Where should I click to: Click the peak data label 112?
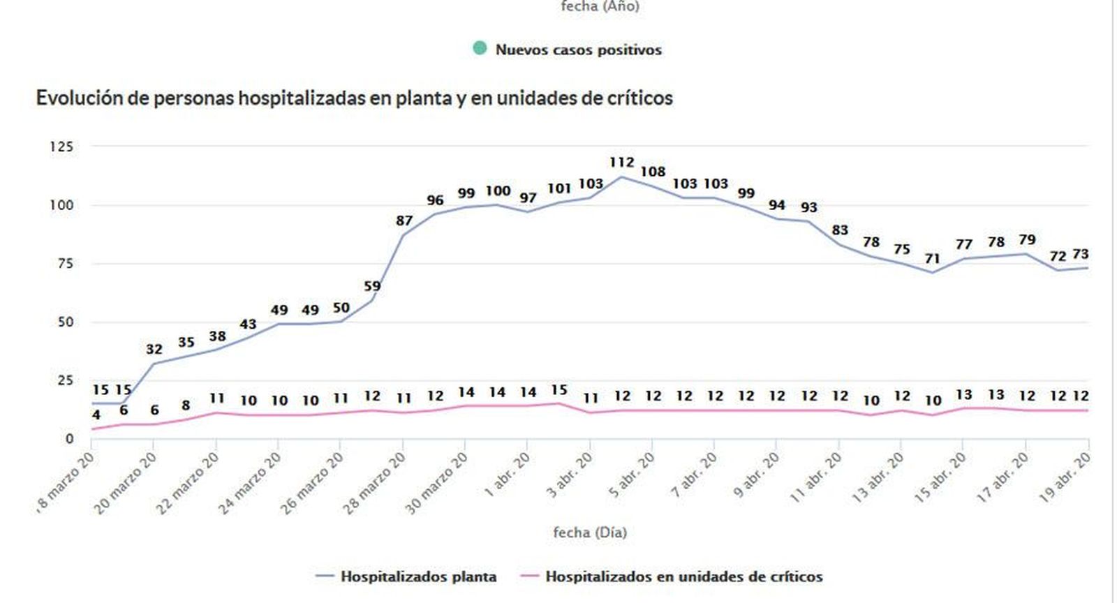(x=621, y=163)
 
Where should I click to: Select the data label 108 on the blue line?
(x=653, y=172)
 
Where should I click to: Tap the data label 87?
(x=404, y=221)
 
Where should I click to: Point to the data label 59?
(x=372, y=286)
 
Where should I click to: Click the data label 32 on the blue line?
(x=154, y=349)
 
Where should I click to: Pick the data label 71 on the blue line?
(x=932, y=259)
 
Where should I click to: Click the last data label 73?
(x=1080, y=254)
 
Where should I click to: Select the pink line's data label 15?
(x=558, y=390)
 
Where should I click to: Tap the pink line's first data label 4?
(x=96, y=415)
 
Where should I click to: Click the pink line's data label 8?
(x=186, y=405)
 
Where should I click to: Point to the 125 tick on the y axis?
(x=61, y=147)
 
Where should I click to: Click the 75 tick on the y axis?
(x=65, y=263)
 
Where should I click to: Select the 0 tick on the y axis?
(x=69, y=438)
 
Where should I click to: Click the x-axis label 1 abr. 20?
(x=508, y=475)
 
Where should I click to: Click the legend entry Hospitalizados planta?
(x=418, y=577)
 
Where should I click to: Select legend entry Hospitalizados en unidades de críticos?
(x=683, y=577)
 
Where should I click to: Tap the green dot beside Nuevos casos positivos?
(x=480, y=48)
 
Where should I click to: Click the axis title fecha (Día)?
(x=590, y=533)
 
